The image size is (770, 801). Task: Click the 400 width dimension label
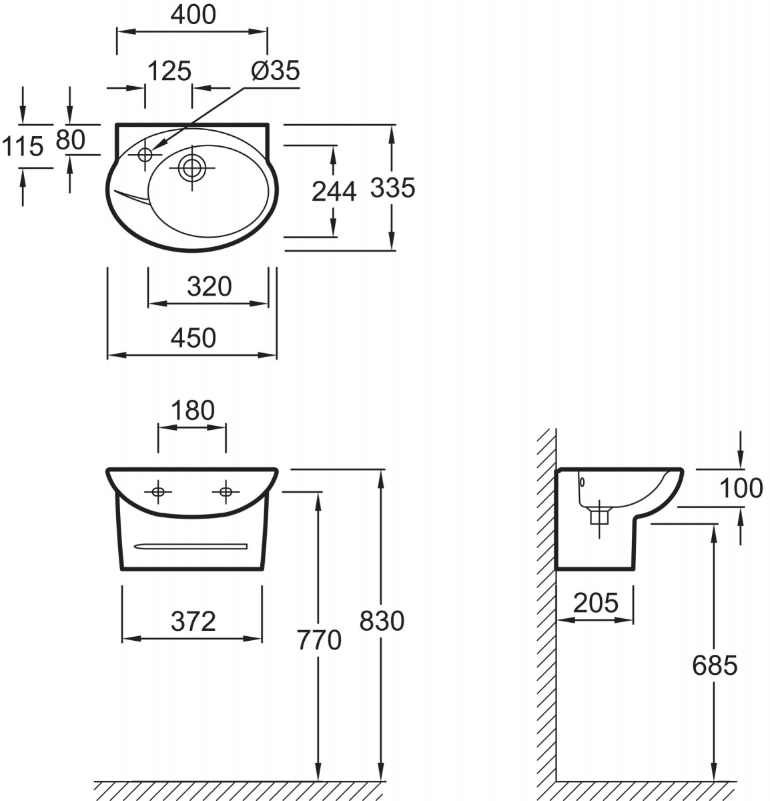193,15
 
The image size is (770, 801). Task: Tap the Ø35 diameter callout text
276,70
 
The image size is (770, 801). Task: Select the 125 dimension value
169,71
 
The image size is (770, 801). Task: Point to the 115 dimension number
23,146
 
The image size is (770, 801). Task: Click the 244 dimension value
334,192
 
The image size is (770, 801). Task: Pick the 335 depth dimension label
392,188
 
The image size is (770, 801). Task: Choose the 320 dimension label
210,286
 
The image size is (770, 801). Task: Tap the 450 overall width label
193,338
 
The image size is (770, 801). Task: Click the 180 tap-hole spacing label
193,410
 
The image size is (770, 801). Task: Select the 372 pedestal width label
193,621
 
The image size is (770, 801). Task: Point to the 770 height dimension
319,639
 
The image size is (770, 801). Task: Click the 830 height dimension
382,621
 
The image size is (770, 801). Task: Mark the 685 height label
715,665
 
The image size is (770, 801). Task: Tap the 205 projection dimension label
595,603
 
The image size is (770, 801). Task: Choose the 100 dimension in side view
741,488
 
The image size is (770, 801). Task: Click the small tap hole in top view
145,155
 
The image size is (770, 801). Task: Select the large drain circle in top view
191,168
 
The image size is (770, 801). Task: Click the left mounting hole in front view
158,491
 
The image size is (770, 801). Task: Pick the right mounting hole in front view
226,491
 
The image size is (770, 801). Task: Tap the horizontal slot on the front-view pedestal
191,546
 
